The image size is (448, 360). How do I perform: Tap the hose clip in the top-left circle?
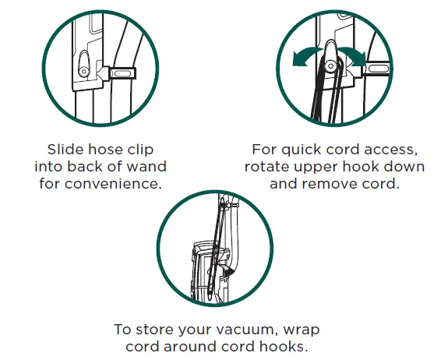point(120,74)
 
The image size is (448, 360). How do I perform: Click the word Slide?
point(65,149)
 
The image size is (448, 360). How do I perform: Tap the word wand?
point(150,167)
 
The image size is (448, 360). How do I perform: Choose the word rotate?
point(270,167)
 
